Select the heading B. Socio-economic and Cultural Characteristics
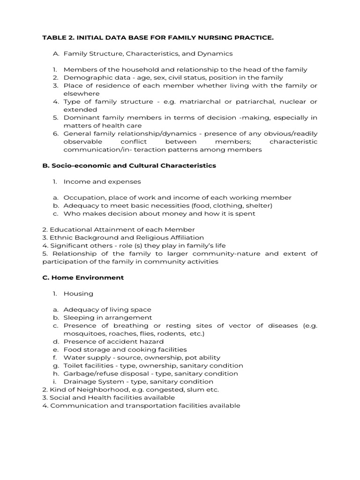tap(129, 165)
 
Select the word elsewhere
tap(78, 93)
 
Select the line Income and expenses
tap(102, 181)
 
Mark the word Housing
tap(78, 293)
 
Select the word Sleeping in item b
tap(78, 317)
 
